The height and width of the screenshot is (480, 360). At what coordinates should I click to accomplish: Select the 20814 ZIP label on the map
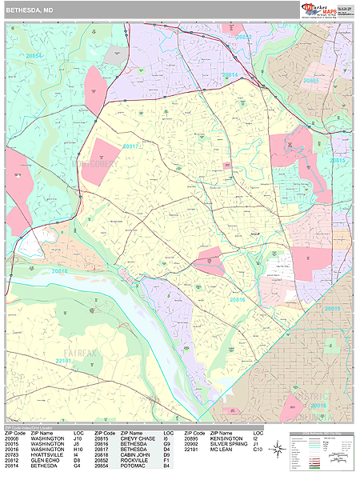coord(230,74)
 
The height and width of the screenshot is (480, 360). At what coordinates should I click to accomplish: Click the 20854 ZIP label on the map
coord(33,56)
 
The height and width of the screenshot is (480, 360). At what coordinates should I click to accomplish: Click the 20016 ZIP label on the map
coord(318,406)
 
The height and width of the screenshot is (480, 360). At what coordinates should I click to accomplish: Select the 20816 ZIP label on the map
coord(238,299)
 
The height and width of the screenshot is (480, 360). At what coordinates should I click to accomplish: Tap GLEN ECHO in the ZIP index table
coord(45,461)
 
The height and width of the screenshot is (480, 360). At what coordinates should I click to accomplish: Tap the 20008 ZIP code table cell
coord(14,439)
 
